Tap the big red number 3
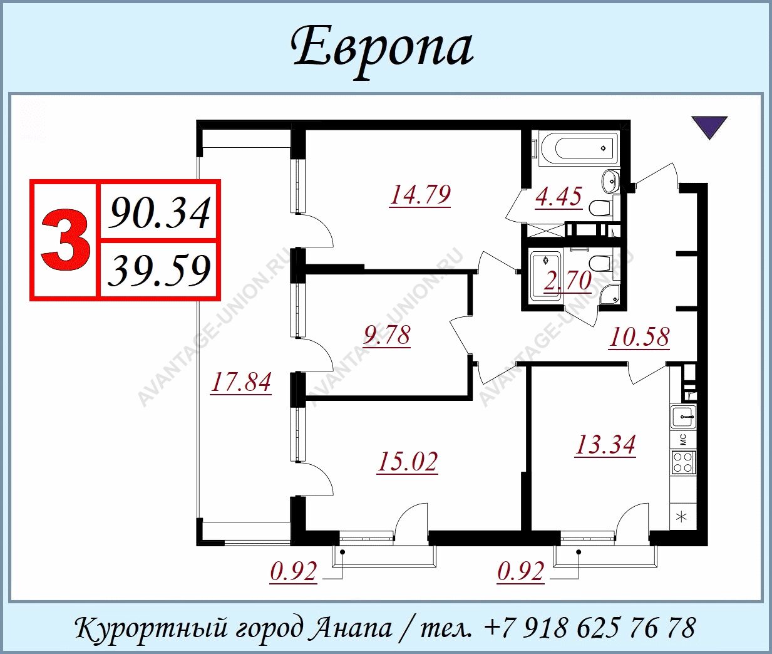pyautogui.click(x=65, y=241)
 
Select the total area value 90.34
pyautogui.click(x=159, y=212)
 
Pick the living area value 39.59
pyautogui.click(x=159, y=269)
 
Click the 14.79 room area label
pyautogui.click(x=419, y=195)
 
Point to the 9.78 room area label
pyautogui.click(x=386, y=335)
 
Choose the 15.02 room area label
pyautogui.click(x=407, y=462)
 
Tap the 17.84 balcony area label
pyautogui.click(x=241, y=382)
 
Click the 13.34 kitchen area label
pyautogui.click(x=605, y=445)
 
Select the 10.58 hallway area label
pyautogui.click(x=639, y=337)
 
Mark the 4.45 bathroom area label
pyautogui.click(x=558, y=197)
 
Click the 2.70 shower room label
pyautogui.click(x=567, y=281)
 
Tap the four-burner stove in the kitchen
pyautogui.click(x=683, y=462)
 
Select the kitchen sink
pyautogui.click(x=684, y=417)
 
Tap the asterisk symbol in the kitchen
pyautogui.click(x=682, y=517)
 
